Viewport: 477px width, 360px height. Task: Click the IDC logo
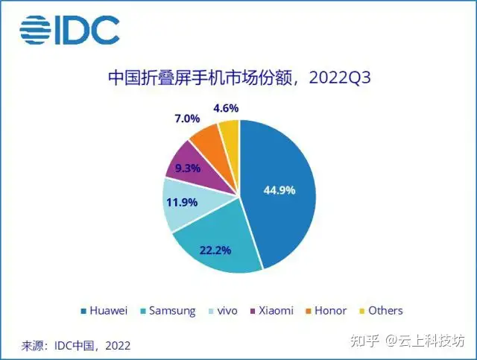pyautogui.click(x=69, y=29)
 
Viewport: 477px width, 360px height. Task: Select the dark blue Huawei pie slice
pyautogui.click(x=283, y=171)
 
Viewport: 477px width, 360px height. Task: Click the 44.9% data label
pyautogui.click(x=279, y=190)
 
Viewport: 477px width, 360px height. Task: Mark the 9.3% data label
pyautogui.click(x=187, y=168)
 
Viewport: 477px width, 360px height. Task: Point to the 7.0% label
pyautogui.click(x=186, y=119)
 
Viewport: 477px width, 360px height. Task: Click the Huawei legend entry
pyautogui.click(x=104, y=310)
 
